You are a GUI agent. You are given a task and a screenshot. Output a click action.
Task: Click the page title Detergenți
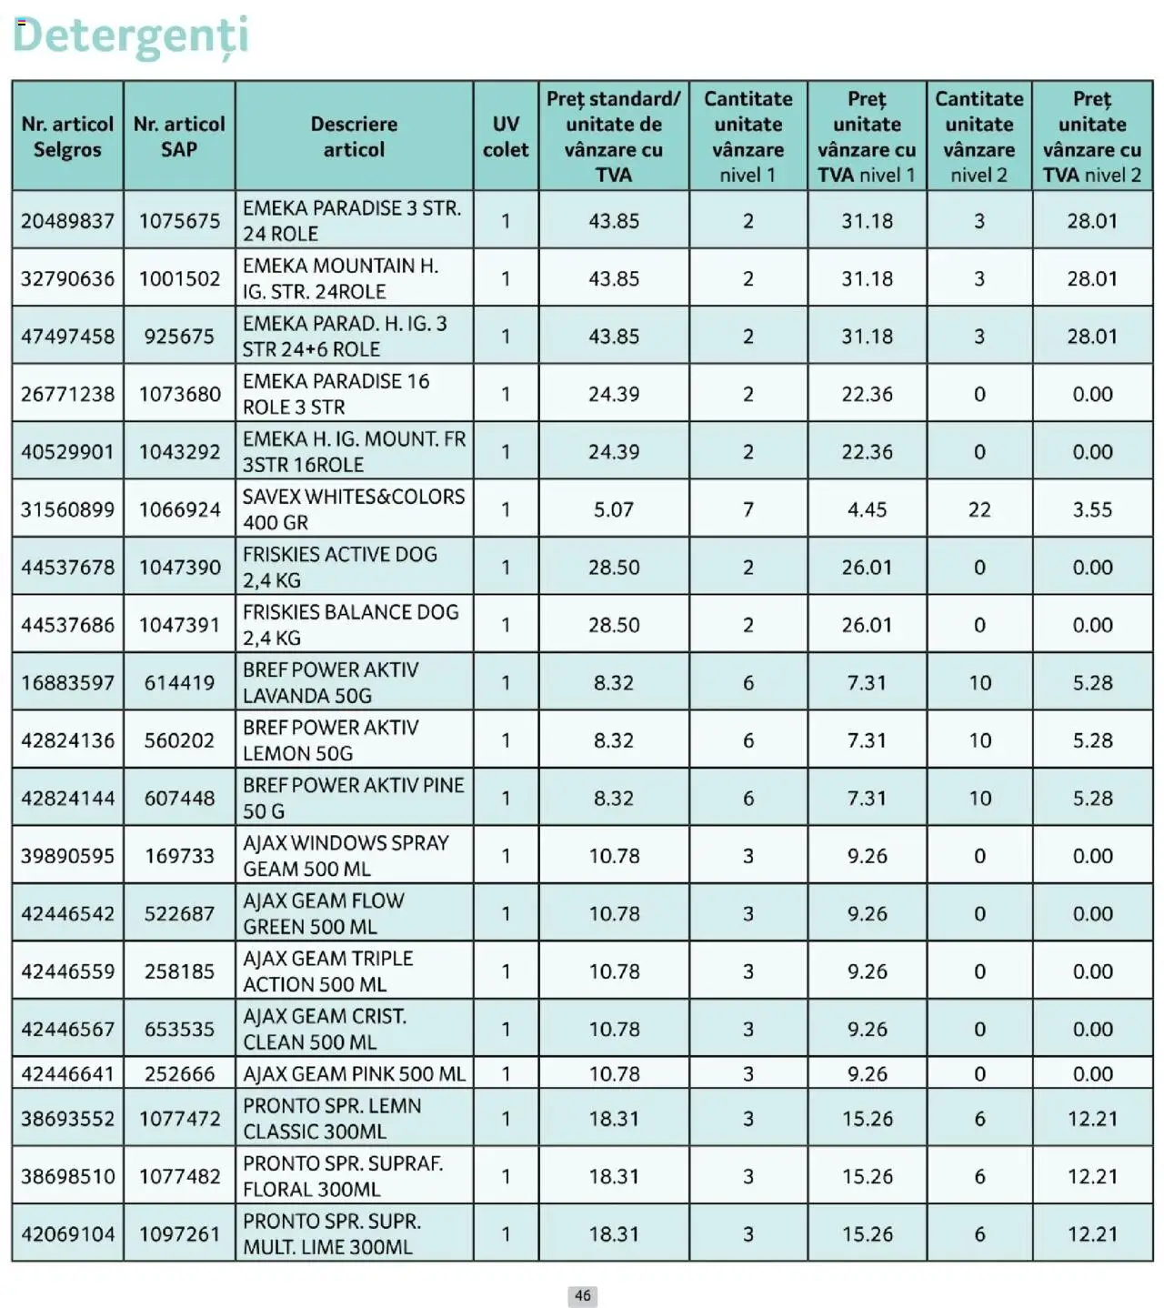pos(130,35)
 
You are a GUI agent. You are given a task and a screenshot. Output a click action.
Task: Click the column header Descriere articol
pos(354,136)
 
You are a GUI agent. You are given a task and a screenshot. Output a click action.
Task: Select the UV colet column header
pos(506,136)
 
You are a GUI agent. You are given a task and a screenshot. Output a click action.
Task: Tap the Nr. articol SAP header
pos(179,136)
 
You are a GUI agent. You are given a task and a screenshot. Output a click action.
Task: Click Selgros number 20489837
pos(67,221)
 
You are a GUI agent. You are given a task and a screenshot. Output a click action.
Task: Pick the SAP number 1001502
pos(179,278)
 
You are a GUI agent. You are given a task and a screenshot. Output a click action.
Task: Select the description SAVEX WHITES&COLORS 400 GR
pos(353,509)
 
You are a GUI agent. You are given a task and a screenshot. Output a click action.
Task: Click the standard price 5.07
pos(614,509)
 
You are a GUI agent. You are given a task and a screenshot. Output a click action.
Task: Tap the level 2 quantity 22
pos(979,509)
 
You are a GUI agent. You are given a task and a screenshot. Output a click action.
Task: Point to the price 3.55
pos(1092,509)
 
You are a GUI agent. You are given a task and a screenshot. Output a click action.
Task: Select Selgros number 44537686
pos(67,625)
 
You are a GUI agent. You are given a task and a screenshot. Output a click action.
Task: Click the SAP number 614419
pos(179,682)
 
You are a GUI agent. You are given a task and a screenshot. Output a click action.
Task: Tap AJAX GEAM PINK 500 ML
pos(354,1073)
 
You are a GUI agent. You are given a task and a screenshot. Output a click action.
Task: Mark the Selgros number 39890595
pos(67,856)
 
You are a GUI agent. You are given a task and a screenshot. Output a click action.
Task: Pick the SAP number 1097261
pos(179,1234)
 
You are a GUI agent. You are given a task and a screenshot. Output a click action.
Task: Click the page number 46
pos(583,1295)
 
